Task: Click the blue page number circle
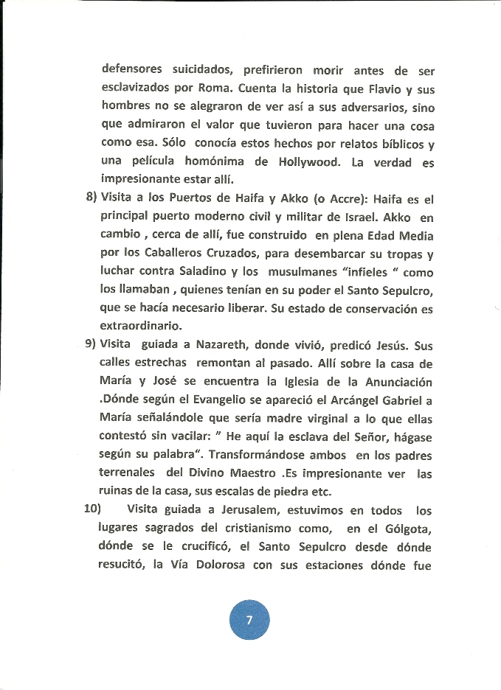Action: [249, 619]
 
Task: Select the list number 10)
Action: [93, 510]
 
